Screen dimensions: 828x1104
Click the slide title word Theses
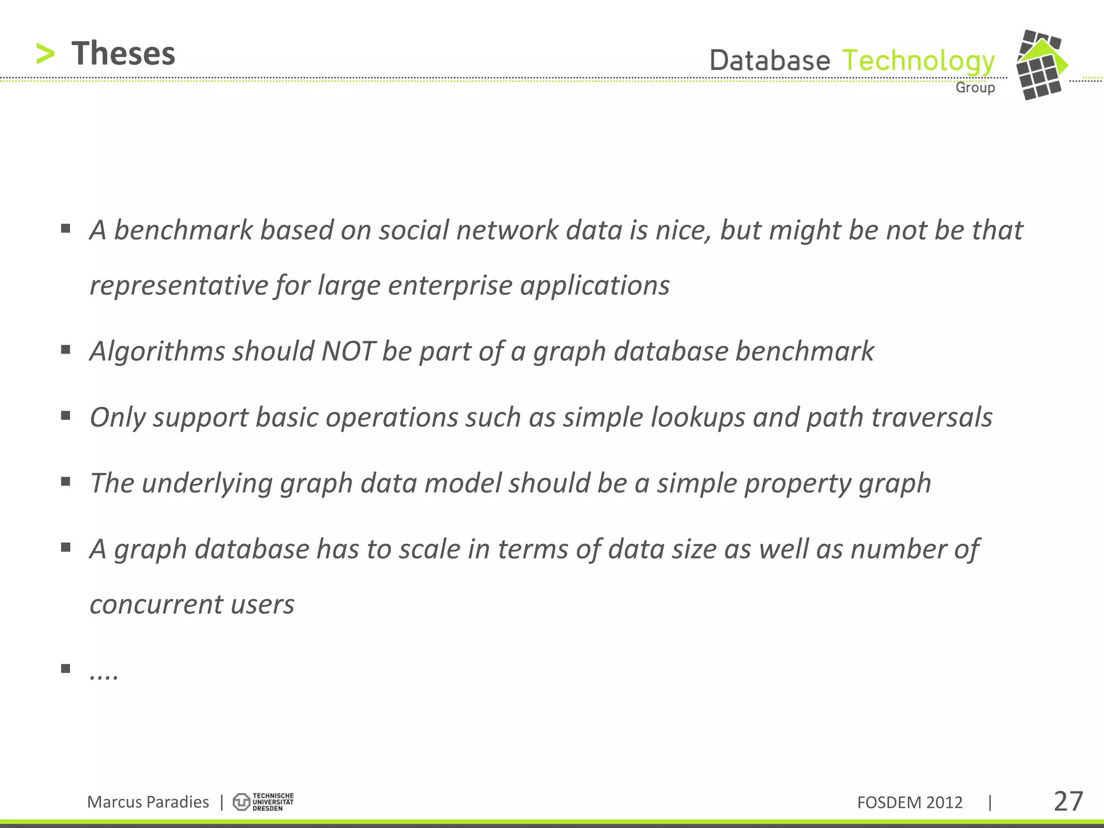pos(123,53)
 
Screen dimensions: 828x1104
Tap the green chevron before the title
pos(45,54)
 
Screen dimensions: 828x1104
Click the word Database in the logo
pos(770,60)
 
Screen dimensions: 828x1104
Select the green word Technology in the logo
pos(918,61)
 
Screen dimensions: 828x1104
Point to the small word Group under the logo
pos(975,87)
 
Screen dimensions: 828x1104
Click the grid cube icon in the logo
pos(1041,65)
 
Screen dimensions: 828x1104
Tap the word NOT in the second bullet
pos(348,351)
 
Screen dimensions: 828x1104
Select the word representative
pos(178,286)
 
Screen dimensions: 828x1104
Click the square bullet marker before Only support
pos(66,416)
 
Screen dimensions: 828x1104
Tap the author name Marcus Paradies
pos(148,802)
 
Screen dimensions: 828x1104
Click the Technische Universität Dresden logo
pos(263,802)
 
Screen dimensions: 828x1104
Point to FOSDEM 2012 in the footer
pos(909,803)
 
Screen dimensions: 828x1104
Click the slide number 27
pos(1068,802)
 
